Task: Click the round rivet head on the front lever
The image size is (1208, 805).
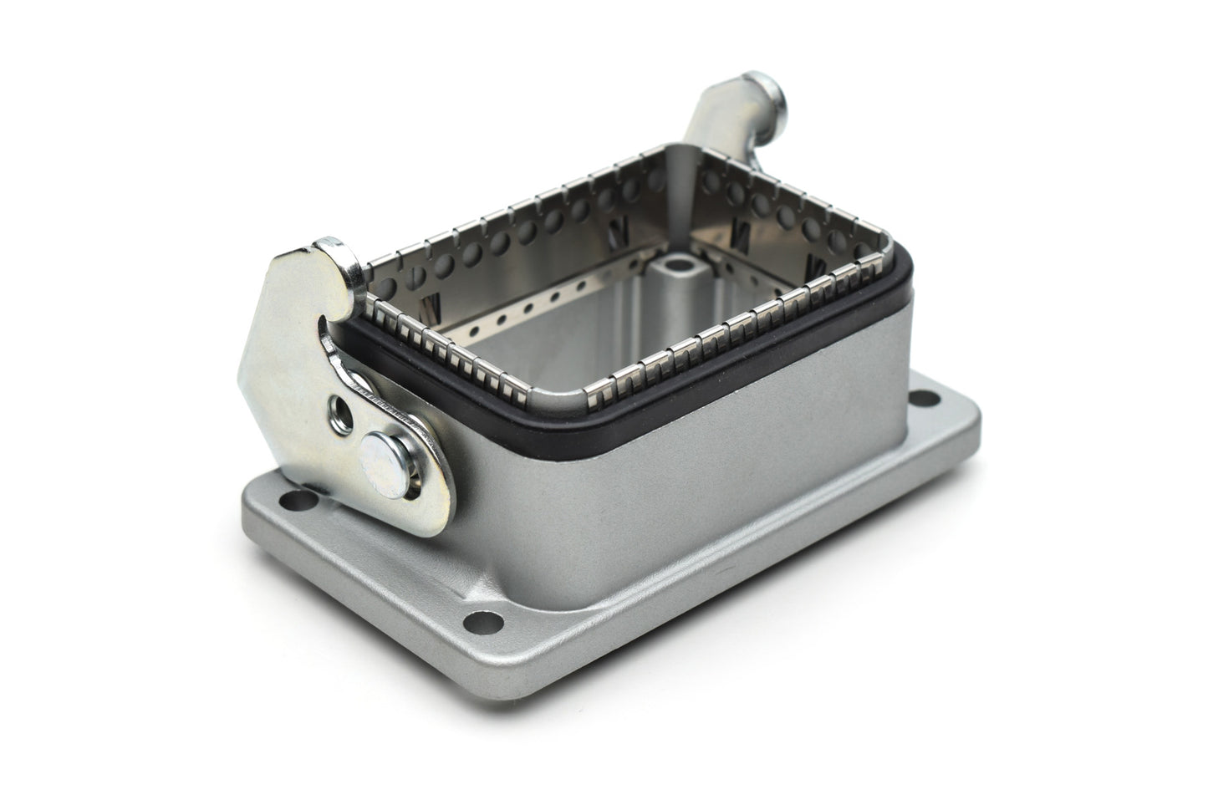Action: [380, 457]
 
